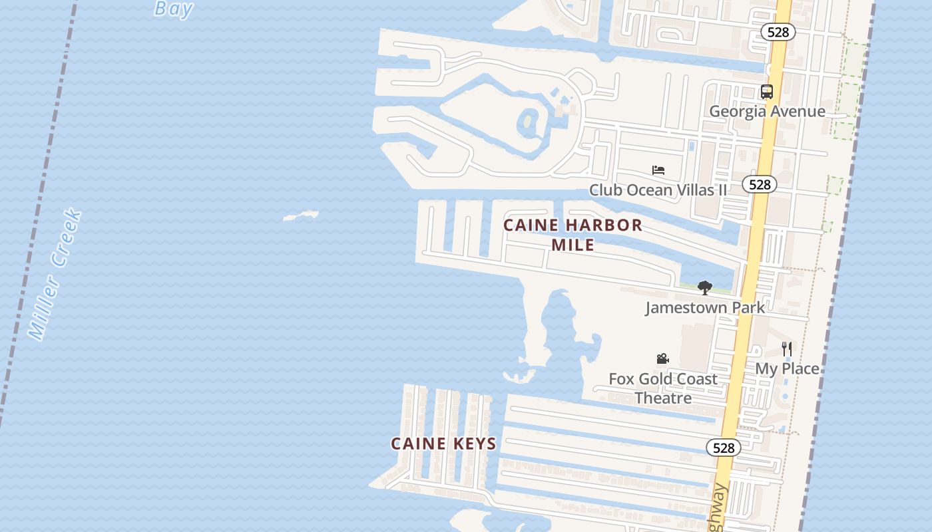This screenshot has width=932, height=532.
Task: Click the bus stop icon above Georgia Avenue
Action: tap(767, 92)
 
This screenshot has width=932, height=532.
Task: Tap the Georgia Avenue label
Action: tap(767, 111)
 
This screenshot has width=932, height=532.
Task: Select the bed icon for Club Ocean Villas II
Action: tap(658, 170)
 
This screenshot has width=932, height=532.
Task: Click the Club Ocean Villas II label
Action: tap(658, 190)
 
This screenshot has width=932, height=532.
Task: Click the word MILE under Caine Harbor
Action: tap(573, 245)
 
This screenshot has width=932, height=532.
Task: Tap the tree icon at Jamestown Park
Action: tap(704, 288)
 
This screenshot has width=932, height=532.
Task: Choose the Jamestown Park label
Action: tap(704, 307)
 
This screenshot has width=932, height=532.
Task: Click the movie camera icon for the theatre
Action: tap(662, 359)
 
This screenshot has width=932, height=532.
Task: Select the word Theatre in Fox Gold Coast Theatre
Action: tap(663, 398)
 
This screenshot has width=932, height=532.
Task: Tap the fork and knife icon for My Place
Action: tap(787, 348)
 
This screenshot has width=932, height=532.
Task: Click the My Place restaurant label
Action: tap(787, 368)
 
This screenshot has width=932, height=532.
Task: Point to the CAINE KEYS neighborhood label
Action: tap(443, 444)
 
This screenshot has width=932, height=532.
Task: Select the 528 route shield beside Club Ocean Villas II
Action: tap(759, 184)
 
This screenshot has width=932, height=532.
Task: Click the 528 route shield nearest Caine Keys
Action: tap(723, 448)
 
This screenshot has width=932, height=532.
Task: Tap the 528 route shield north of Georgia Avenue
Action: tap(778, 31)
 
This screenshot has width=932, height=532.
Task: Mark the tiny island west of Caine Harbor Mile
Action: tap(301, 215)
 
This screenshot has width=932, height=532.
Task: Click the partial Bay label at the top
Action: tap(174, 9)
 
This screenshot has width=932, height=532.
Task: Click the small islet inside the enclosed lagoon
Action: tap(529, 122)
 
